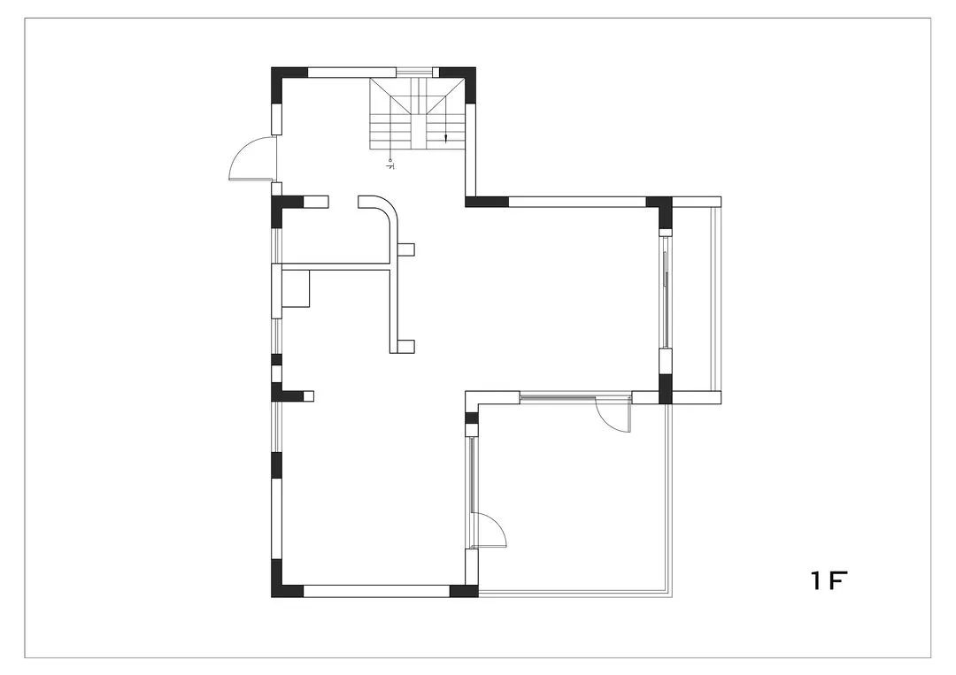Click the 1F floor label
pyautogui.click(x=829, y=580)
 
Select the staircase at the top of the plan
pyautogui.click(x=417, y=114)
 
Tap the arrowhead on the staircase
pyautogui.click(x=446, y=138)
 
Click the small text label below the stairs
pyautogui.click(x=390, y=164)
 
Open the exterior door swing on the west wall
pyautogui.click(x=252, y=160)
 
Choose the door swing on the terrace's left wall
pyautogui.click(x=490, y=531)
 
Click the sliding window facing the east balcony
pyautogui.click(x=666, y=292)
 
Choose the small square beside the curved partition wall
pyautogui.click(x=406, y=249)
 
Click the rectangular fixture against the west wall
pyautogui.click(x=296, y=289)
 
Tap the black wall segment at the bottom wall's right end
pyautogui.click(x=464, y=591)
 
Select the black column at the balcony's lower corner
pyautogui.click(x=665, y=389)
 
